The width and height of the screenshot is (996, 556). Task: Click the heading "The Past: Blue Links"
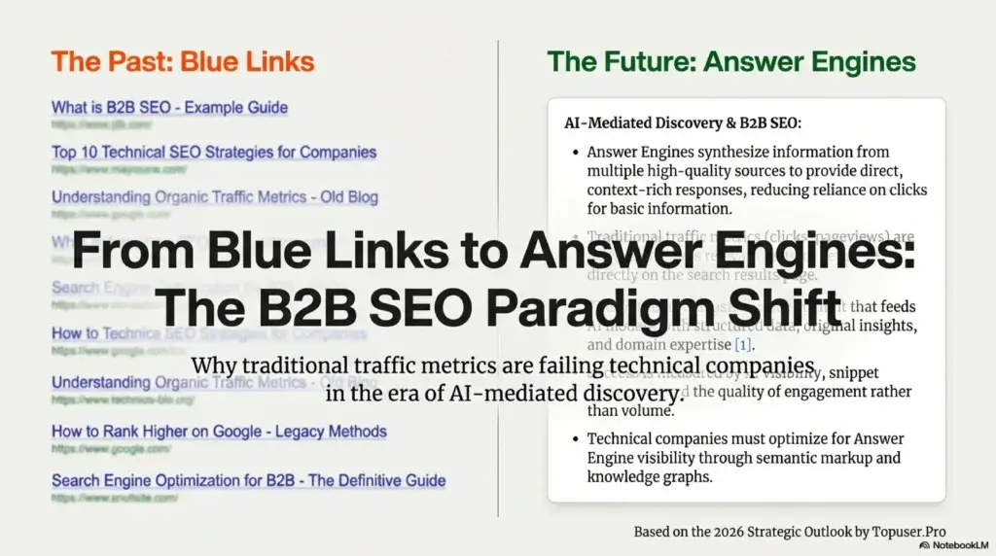[183, 62]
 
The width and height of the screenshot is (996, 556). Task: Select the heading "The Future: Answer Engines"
[730, 62]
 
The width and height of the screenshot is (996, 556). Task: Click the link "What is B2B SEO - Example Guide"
[169, 107]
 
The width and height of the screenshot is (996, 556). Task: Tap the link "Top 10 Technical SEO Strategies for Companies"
[214, 152]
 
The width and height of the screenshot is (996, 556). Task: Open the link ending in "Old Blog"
[215, 196]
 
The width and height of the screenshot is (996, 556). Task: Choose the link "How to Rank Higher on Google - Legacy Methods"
[219, 431]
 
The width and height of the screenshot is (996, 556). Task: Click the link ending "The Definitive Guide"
[248, 480]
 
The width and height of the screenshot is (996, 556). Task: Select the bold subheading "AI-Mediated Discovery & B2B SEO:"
[683, 123]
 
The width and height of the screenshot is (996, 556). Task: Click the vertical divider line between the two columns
[498, 146]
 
